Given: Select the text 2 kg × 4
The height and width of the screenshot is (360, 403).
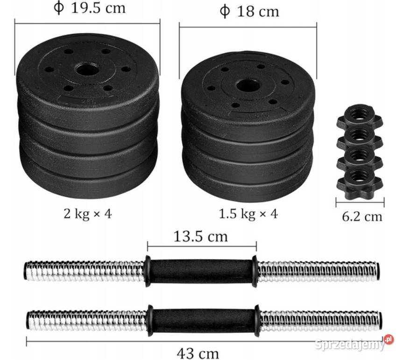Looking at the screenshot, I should coord(88,214).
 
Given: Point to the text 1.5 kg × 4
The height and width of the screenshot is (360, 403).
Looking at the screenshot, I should coord(248,214).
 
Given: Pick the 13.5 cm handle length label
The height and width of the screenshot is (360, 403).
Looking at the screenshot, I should coord(201,236).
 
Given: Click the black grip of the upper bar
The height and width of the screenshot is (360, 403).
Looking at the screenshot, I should coord(201,271).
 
